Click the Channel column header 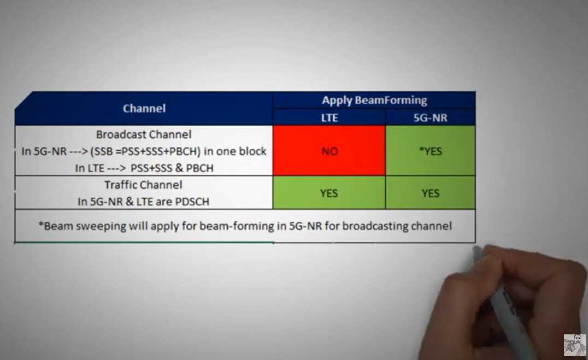(144, 108)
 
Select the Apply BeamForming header (374, 100)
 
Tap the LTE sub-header (330, 118)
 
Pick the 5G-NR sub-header (430, 118)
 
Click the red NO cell (330, 151)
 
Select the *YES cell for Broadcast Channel (430, 151)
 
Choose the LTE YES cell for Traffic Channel (330, 193)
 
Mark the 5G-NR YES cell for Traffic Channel (430, 193)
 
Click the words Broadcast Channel (144, 134)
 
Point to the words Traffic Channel (143, 185)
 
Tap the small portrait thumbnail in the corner (574, 345)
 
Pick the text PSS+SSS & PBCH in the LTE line (172, 168)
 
